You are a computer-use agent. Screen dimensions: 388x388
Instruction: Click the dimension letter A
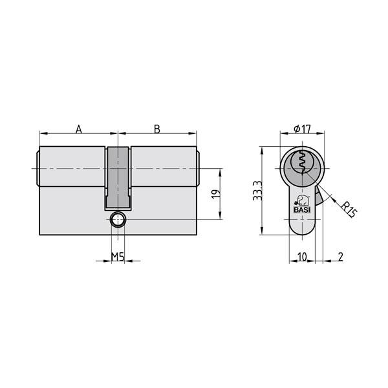coord(79,129)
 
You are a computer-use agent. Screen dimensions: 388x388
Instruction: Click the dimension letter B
coord(156,129)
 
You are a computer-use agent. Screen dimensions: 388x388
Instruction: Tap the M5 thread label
coord(117,257)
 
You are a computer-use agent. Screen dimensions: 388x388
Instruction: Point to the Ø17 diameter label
coord(301,128)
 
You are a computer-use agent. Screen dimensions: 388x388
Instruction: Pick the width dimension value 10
coord(301,257)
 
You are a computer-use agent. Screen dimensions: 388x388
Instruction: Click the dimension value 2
coord(340,257)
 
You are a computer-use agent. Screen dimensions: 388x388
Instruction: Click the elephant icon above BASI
coord(302,200)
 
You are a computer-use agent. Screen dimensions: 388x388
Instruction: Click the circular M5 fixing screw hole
coord(118,220)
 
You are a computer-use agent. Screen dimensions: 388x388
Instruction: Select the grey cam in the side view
coord(118,178)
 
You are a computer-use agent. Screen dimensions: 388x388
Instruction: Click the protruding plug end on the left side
coord(36,168)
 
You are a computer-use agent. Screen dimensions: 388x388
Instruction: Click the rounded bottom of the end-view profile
coord(301,233)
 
